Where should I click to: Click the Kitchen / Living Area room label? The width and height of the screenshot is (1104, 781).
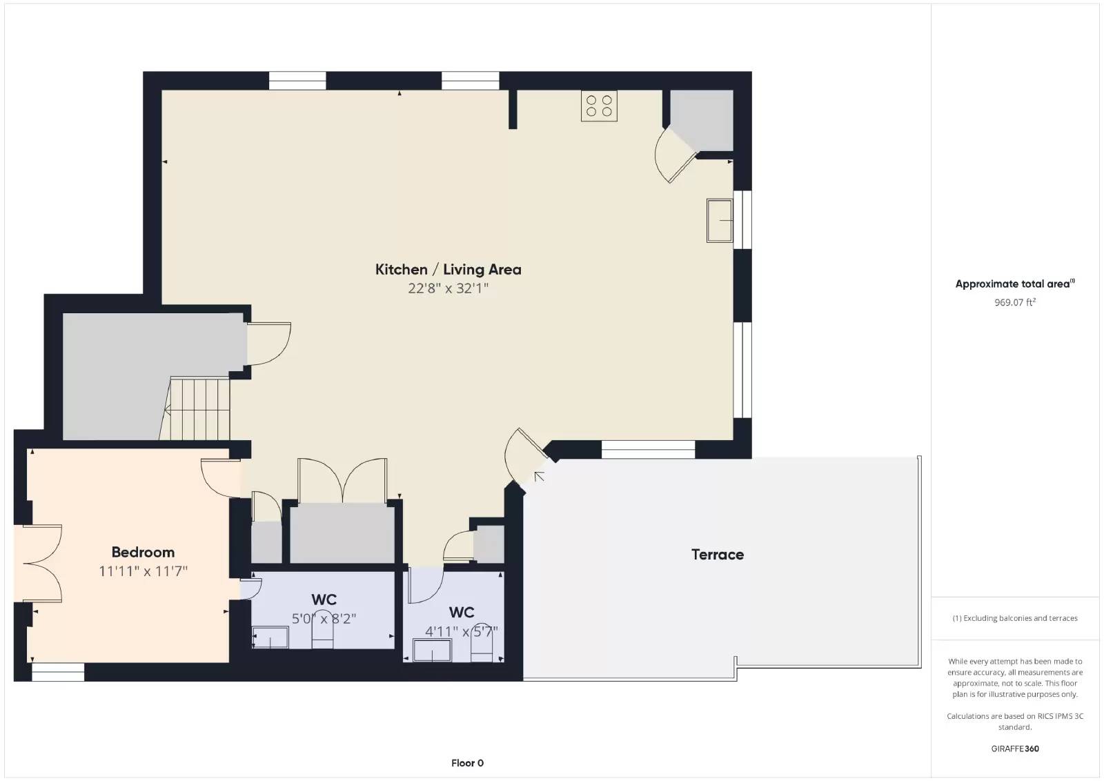point(448,270)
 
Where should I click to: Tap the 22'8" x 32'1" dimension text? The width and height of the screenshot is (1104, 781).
point(448,288)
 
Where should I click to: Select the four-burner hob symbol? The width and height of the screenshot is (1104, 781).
point(599,106)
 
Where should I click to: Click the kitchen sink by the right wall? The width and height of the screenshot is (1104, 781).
point(720,220)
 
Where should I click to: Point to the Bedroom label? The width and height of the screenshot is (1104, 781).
point(143,552)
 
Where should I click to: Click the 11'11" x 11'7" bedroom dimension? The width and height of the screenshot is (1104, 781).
point(143,571)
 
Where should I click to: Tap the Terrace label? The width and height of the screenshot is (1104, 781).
point(718,554)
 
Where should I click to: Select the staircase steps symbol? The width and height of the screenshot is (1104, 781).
point(195,408)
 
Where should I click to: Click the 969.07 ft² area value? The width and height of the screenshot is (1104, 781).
point(1015,302)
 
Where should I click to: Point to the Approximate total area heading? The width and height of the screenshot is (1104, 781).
point(1015,284)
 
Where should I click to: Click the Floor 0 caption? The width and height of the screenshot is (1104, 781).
point(467,763)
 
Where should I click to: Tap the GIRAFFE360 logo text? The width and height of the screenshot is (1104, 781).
point(1015,749)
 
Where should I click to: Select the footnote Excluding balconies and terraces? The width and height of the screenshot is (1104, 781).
point(1015,618)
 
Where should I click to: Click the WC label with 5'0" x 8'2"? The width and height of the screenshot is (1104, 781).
point(324,600)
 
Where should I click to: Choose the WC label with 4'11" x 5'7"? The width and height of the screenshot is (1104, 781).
point(462,613)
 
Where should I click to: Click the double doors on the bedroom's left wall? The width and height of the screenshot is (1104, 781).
point(39,563)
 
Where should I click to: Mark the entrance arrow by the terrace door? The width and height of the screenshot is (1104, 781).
point(539,477)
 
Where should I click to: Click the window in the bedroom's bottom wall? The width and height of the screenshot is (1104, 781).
point(58,672)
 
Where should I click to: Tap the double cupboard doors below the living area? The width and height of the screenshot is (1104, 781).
point(342,480)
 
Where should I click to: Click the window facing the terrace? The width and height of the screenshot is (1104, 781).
point(648,449)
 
